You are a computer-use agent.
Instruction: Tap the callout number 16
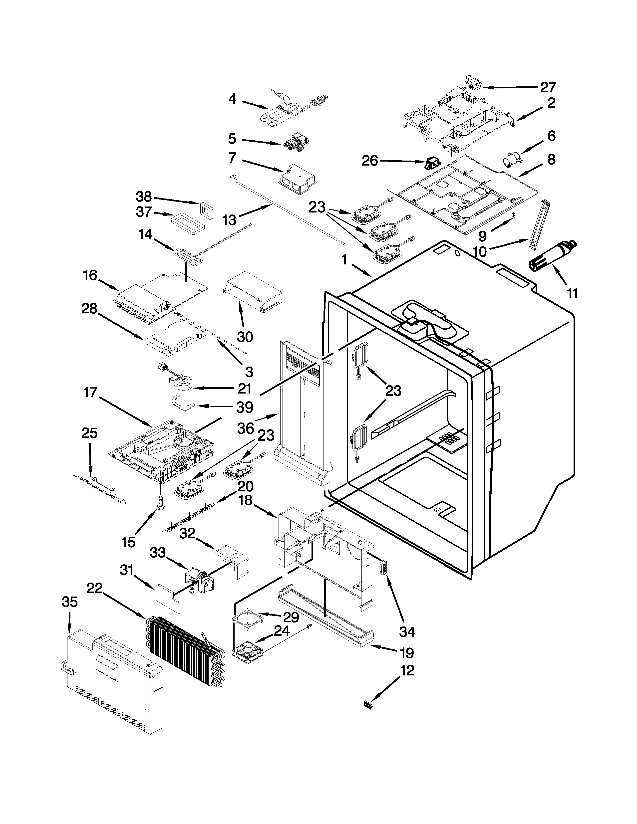(x=90, y=275)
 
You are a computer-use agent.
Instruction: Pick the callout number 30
(x=245, y=337)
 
